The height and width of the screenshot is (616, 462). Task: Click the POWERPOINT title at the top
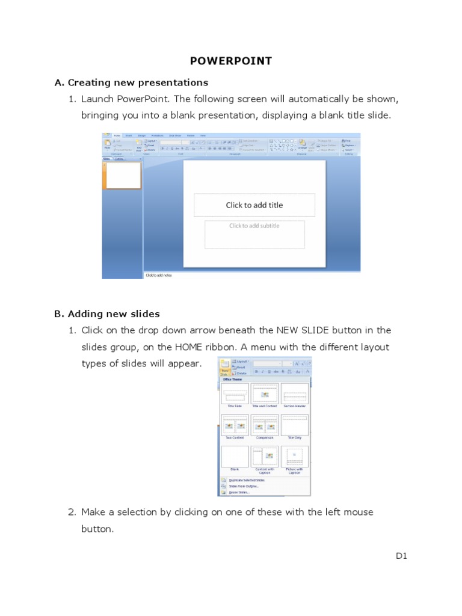(x=231, y=61)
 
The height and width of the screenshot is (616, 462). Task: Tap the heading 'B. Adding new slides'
(x=107, y=313)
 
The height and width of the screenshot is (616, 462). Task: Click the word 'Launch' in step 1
(x=98, y=99)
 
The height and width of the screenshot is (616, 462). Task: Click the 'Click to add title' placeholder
(x=254, y=205)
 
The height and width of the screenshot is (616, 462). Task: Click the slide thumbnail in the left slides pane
(x=123, y=175)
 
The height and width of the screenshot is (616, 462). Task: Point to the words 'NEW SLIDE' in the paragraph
(x=303, y=330)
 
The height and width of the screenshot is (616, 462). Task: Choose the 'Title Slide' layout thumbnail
(x=234, y=394)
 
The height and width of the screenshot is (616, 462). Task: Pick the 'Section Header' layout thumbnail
(x=294, y=394)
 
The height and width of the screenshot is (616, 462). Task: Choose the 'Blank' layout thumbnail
(x=234, y=457)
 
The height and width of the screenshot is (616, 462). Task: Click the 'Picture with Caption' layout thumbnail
(x=294, y=457)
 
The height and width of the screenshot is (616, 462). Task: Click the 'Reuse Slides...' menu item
(x=239, y=492)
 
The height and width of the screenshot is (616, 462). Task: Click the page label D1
(x=402, y=556)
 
